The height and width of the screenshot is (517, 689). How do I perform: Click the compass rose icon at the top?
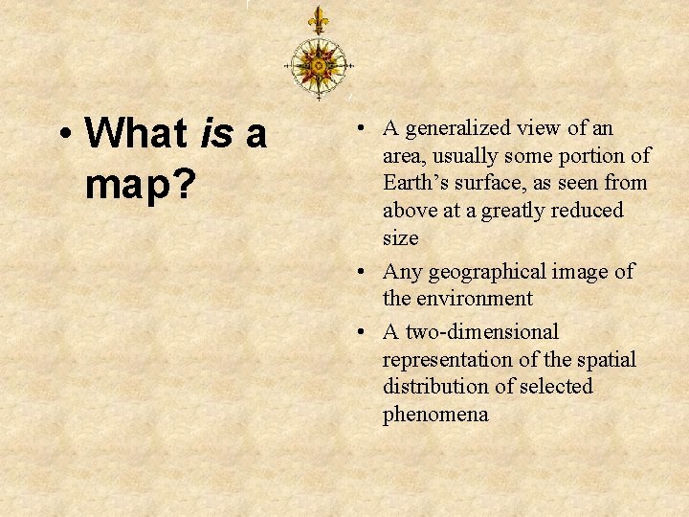click(318, 65)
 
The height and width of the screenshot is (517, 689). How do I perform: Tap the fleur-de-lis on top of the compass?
click(318, 20)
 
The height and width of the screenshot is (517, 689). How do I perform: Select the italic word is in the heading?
click(217, 135)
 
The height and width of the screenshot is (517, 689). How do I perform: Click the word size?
click(401, 237)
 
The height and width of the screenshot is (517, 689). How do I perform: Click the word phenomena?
click(435, 415)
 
